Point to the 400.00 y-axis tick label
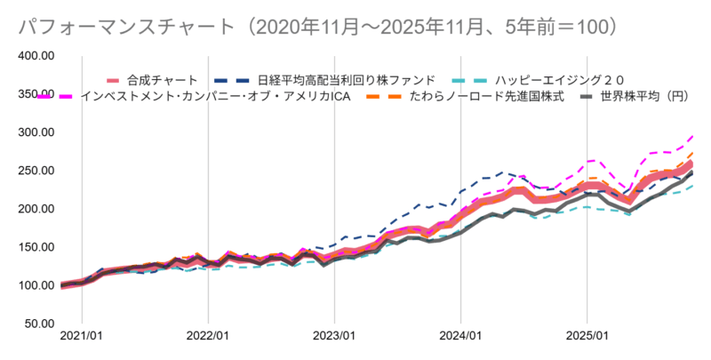tap(36, 56)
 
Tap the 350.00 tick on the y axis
tap(36, 94)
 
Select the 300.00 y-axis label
tap(36, 132)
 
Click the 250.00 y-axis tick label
tap(36, 171)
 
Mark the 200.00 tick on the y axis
tap(36, 209)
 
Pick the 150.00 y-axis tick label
tap(36, 247)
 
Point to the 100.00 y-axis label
tap(36, 285)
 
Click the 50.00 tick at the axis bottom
tap(38, 324)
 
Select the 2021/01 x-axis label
tap(82, 338)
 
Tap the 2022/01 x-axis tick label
tap(208, 338)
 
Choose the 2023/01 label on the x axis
tap(334, 338)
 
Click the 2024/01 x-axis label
tap(460, 338)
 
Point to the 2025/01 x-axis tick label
tap(587, 338)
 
